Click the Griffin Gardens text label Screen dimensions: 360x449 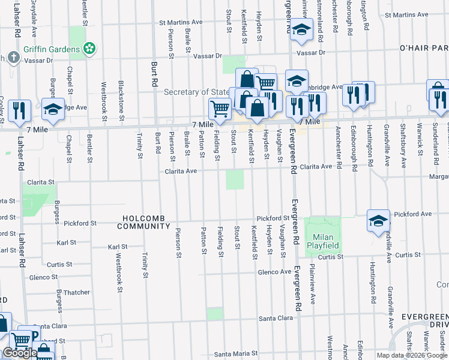[52, 49]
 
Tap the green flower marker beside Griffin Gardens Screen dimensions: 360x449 [89, 48]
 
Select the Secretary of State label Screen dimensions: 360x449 [197, 92]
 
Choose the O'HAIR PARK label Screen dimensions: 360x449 [424, 48]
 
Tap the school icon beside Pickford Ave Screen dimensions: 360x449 [379, 220]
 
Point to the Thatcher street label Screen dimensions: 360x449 [77, 293]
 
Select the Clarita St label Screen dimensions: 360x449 [40, 181]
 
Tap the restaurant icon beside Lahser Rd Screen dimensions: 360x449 [21, 110]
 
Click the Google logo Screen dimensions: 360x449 [20, 353]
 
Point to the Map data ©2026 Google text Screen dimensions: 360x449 [411, 355]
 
